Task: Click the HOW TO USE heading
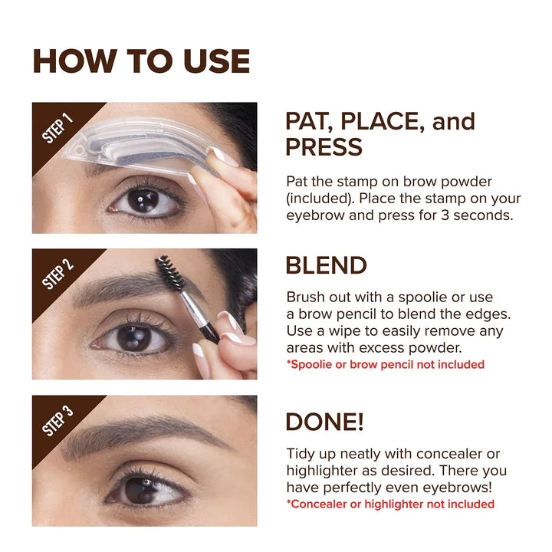pyautogui.click(x=141, y=61)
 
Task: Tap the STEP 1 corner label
pyautogui.click(x=58, y=128)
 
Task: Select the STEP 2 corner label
pyautogui.click(x=58, y=274)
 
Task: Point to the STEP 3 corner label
pyautogui.click(x=58, y=421)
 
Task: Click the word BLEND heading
pyautogui.click(x=326, y=265)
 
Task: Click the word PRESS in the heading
pyautogui.click(x=323, y=146)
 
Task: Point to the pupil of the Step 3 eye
pyautogui.click(x=143, y=489)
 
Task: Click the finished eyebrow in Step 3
pyautogui.click(x=146, y=433)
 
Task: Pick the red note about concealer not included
pyautogui.click(x=390, y=504)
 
